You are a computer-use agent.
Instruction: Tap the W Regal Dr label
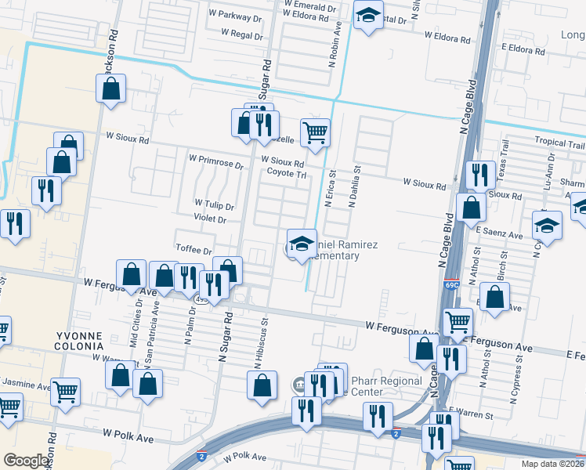point(241,34)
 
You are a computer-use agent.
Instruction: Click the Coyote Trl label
point(286,174)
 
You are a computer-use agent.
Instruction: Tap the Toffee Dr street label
point(194,251)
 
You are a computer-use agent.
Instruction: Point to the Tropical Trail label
point(559,143)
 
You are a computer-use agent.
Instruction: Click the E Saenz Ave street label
point(498,235)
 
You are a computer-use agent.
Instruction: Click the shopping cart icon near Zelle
point(315,132)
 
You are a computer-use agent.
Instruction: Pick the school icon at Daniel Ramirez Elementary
point(302,243)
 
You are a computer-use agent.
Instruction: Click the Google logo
point(26,461)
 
